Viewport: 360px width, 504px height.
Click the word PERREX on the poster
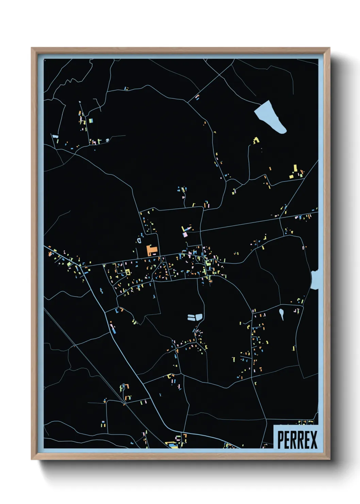(x=297, y=440)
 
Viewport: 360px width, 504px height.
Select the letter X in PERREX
(x=313, y=440)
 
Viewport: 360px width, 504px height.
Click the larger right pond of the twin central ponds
(x=197, y=317)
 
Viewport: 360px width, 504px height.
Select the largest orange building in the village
(x=151, y=250)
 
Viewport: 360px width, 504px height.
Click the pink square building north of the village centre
(x=185, y=234)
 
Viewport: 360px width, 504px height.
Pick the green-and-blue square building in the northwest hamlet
(x=91, y=121)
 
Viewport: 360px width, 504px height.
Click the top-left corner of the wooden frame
(x=32, y=48)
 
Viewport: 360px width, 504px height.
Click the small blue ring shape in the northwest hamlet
(x=108, y=140)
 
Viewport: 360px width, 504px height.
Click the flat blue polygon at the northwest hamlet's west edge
(x=55, y=137)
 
